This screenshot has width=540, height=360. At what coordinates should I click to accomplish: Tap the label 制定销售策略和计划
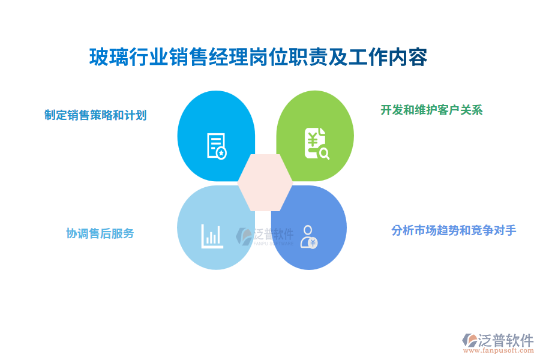(95, 115)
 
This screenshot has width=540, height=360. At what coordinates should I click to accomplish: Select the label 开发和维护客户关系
(431, 110)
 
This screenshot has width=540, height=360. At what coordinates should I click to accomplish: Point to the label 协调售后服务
(100, 233)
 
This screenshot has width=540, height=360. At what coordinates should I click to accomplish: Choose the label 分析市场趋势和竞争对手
(454, 230)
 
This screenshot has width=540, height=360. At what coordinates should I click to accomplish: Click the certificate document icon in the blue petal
(216, 145)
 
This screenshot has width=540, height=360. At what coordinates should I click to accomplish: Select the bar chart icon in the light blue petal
(212, 236)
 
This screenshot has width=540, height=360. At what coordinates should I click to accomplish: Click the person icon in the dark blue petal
(308, 236)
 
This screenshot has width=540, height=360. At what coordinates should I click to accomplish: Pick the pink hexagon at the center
(265, 182)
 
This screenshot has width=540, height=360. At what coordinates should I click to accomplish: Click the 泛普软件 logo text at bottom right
(505, 340)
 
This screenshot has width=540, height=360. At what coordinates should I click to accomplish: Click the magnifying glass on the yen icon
(324, 154)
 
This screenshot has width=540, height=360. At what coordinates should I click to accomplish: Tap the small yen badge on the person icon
(313, 243)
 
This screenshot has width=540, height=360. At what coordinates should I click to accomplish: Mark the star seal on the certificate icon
(221, 154)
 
